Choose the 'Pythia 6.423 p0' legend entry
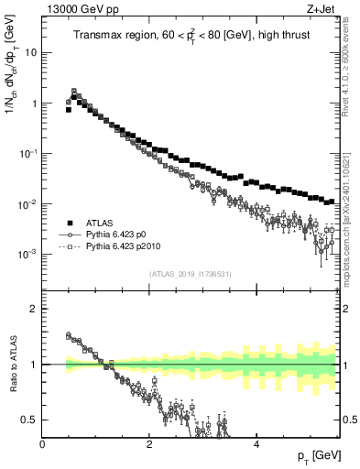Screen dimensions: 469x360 click(115, 235)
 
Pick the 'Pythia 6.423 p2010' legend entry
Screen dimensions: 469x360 click(122, 247)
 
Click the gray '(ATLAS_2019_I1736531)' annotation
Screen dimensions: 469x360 click(190, 274)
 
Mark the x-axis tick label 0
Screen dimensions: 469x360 click(42, 443)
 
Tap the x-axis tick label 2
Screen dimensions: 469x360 click(148, 443)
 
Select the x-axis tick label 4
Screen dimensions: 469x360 click(256, 443)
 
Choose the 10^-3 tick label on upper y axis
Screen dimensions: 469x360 click(27, 253)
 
